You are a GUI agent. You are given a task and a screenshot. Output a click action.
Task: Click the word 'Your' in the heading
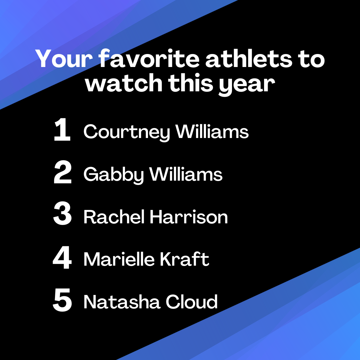64,59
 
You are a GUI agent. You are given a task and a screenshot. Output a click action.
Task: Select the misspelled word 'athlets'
249,59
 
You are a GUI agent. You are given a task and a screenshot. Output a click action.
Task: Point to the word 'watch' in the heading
124,83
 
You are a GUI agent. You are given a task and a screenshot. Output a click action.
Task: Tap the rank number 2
63,172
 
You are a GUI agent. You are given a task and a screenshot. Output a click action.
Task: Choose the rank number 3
62,213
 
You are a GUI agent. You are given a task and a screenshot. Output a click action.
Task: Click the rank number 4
62,257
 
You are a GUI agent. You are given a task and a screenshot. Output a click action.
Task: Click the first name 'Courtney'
127,132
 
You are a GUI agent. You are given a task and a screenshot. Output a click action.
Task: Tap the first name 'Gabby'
114,175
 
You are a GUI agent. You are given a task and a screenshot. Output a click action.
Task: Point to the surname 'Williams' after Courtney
212,131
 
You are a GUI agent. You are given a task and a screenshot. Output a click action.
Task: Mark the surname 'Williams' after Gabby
186,174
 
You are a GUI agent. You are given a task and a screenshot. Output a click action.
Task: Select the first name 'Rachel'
114,217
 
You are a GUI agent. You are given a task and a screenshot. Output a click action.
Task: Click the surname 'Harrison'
189,217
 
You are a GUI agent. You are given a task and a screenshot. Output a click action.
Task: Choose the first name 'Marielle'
119,259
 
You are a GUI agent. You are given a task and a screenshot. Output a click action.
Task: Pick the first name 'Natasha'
122,302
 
